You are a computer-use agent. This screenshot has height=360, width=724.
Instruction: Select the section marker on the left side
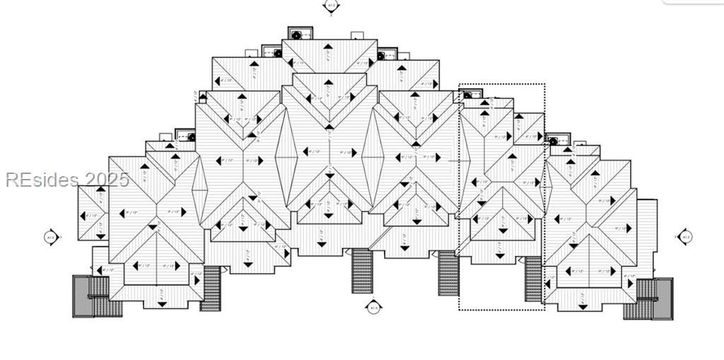pyautogui.click(x=51, y=237)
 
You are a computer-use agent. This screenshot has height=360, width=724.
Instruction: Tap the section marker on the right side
pyautogui.click(x=684, y=237)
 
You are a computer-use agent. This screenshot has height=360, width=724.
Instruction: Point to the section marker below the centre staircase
pyautogui.click(x=374, y=308)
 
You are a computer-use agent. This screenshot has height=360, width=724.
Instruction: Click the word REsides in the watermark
pyautogui.click(x=42, y=180)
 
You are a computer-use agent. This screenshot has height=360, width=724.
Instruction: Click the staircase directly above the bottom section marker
pyautogui.click(x=363, y=270)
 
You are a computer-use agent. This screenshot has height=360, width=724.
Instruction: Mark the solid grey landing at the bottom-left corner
pyautogui.click(x=82, y=296)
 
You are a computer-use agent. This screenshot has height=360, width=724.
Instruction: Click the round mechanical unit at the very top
pyautogui.click(x=295, y=34)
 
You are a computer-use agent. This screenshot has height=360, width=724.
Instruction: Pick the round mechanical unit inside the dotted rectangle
pyautogui.click(x=467, y=94)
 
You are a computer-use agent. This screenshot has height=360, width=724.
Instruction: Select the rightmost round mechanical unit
pyautogui.click(x=553, y=141)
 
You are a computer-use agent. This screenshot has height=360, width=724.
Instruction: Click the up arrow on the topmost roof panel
pyautogui.click(x=327, y=47)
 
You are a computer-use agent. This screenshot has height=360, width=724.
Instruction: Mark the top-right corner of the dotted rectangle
pyautogui.click(x=544, y=84)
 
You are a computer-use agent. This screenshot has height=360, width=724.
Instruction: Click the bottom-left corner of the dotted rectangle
pyautogui.click(x=460, y=308)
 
